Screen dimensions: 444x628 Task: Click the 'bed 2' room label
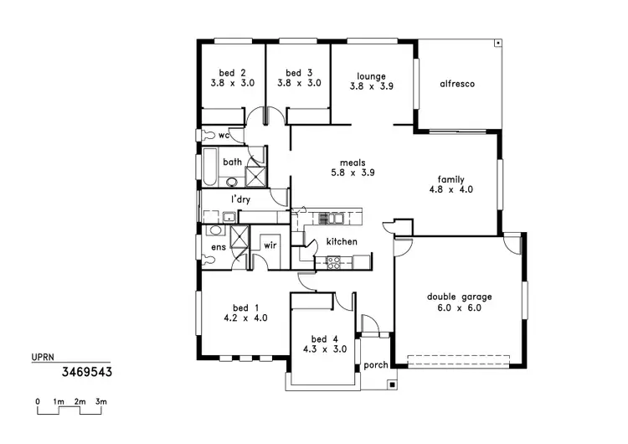(x=233, y=73)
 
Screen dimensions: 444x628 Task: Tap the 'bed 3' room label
(x=298, y=73)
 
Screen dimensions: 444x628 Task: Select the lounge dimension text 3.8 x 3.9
(x=371, y=85)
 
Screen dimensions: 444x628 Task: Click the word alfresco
(x=457, y=84)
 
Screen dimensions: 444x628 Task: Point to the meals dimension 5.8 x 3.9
(x=352, y=173)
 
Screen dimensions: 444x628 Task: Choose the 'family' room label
(x=450, y=179)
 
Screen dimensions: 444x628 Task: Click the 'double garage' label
(x=459, y=297)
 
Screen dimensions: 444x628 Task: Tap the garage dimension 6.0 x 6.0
(x=459, y=307)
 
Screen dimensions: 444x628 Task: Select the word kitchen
(x=342, y=242)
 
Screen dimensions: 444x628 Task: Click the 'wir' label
(x=270, y=245)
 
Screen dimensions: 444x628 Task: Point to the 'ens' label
(x=218, y=247)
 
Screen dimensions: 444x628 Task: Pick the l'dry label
(x=241, y=199)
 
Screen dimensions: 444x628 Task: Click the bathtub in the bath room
(x=208, y=165)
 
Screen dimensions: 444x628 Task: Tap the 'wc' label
(x=224, y=135)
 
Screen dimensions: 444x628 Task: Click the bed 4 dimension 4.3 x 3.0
(x=322, y=349)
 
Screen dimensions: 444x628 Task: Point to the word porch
(x=374, y=366)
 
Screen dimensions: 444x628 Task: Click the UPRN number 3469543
(x=86, y=369)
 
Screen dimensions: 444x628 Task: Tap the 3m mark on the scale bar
(x=100, y=402)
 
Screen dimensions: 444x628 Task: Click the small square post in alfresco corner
(x=497, y=42)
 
